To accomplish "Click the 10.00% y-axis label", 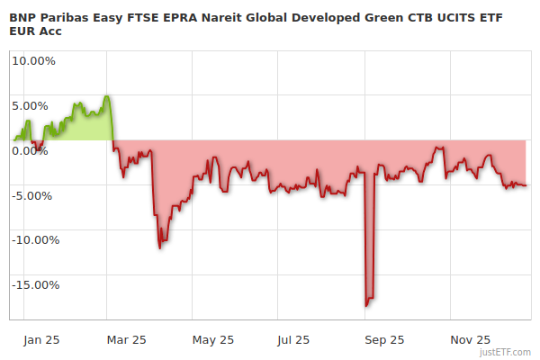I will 32,61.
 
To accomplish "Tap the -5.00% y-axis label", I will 34,195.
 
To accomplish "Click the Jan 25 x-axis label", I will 41,339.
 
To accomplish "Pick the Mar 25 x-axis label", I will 126,339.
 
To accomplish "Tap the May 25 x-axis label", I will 213,339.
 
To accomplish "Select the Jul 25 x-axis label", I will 293,339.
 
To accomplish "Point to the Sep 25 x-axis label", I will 383,339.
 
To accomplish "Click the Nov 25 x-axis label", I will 470,339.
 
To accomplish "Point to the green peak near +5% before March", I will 107,96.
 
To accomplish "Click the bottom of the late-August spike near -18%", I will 366,306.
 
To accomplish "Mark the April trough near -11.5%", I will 159,247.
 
